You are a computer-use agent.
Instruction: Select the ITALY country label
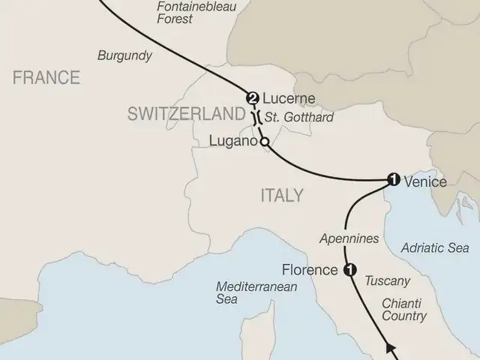tap(281, 196)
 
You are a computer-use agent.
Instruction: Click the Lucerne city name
tap(289, 98)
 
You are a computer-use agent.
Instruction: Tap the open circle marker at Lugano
tap(263, 141)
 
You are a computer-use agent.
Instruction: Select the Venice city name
tap(425, 181)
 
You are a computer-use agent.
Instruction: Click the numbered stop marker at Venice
tap(391, 179)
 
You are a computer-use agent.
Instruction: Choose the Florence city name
tap(310, 269)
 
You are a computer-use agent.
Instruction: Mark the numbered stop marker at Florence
tap(348, 271)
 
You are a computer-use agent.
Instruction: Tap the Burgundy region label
tap(124, 55)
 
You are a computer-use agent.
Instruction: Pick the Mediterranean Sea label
tap(247, 292)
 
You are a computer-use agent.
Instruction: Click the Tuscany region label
tap(387, 281)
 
